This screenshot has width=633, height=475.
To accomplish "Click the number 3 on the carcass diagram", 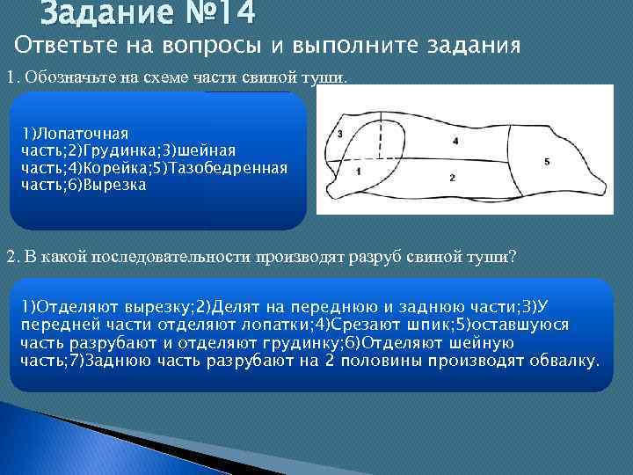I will [340, 134].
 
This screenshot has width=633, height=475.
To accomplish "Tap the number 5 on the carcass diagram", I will [547, 162].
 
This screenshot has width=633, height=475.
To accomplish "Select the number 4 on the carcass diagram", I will [455, 141].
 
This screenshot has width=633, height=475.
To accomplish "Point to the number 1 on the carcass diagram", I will [360, 173].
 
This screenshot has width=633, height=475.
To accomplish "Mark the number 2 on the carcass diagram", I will [452, 178].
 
